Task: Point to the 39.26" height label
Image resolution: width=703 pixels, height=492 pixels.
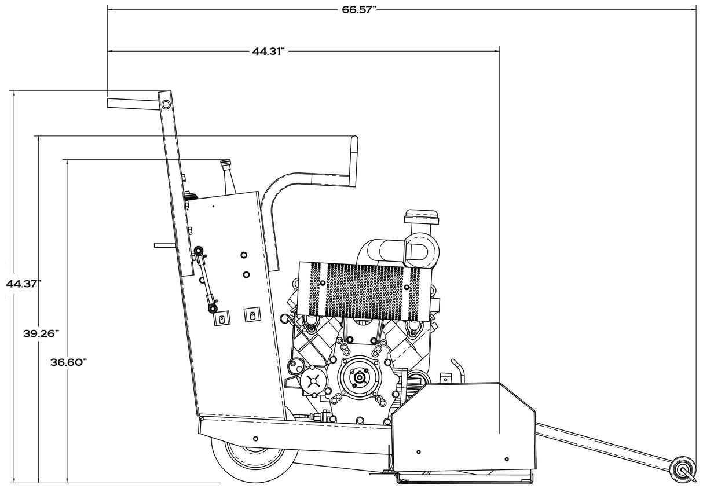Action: [41, 333]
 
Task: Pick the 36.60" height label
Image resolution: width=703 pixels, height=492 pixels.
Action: [68, 362]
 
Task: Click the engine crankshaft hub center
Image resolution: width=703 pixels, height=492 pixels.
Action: [359, 378]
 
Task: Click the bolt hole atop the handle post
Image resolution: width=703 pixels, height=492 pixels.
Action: [166, 105]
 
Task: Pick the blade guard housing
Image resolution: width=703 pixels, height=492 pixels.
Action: [463, 428]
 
